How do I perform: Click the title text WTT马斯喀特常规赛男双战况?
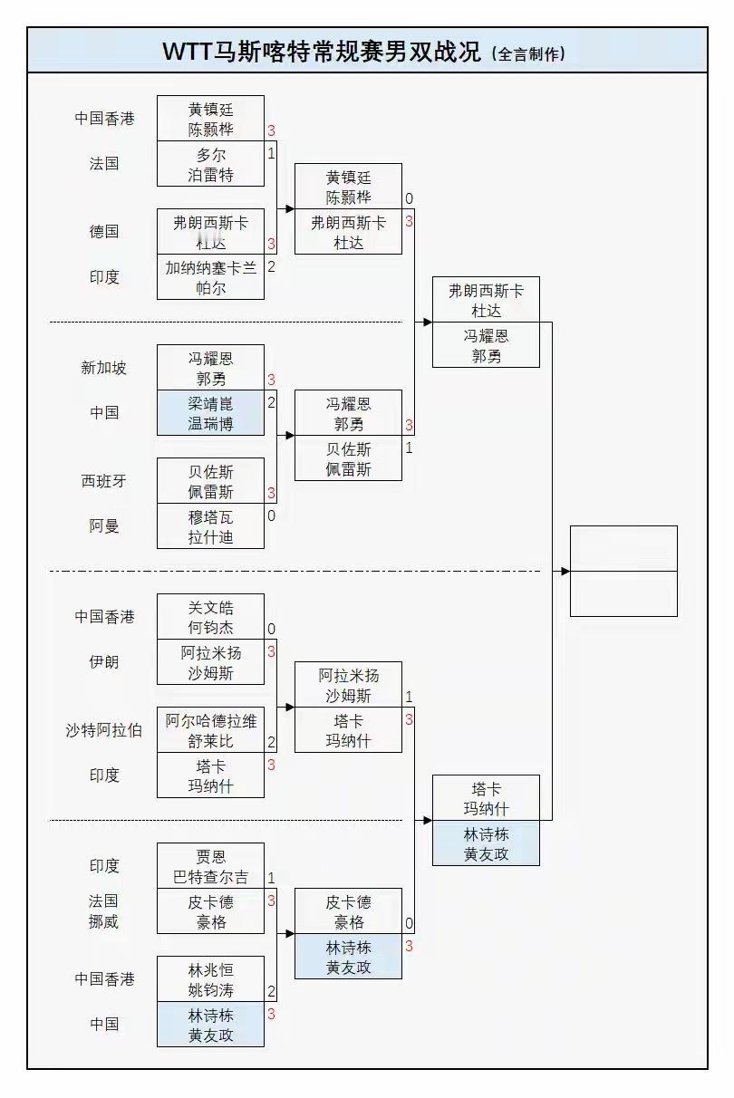point(321,52)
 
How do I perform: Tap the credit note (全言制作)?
point(528,53)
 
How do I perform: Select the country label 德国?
point(104,231)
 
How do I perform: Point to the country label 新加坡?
point(104,368)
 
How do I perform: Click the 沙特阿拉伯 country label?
point(104,730)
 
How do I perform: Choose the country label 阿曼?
point(104,526)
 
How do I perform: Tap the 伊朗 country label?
point(104,661)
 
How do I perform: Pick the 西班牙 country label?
point(104,481)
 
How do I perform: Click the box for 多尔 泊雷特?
point(211,164)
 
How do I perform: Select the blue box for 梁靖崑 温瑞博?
point(211,413)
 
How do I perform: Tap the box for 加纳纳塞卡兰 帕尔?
point(211,277)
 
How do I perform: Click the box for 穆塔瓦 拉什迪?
point(211,526)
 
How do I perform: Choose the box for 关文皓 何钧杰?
point(211,617)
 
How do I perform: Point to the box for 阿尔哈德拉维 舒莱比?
point(211,730)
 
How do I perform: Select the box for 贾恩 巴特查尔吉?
point(211,866)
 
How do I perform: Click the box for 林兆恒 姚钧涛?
point(211,979)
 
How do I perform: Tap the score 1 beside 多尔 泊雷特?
point(271,153)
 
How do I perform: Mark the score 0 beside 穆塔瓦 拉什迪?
point(271,515)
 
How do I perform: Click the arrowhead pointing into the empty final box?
point(565,571)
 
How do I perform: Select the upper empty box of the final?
point(623,548)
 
